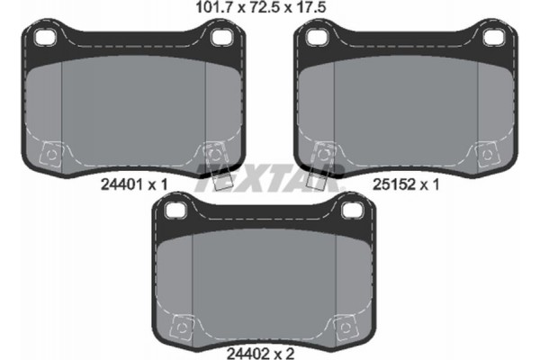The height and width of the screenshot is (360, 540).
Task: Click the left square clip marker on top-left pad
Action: pyautogui.click(x=52, y=154)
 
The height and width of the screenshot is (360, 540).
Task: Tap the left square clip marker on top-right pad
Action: pyautogui.click(x=322, y=154)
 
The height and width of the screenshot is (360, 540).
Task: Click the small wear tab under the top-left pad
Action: pyautogui.click(x=214, y=179)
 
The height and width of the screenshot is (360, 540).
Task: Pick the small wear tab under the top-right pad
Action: pyautogui.click(x=317, y=179)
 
